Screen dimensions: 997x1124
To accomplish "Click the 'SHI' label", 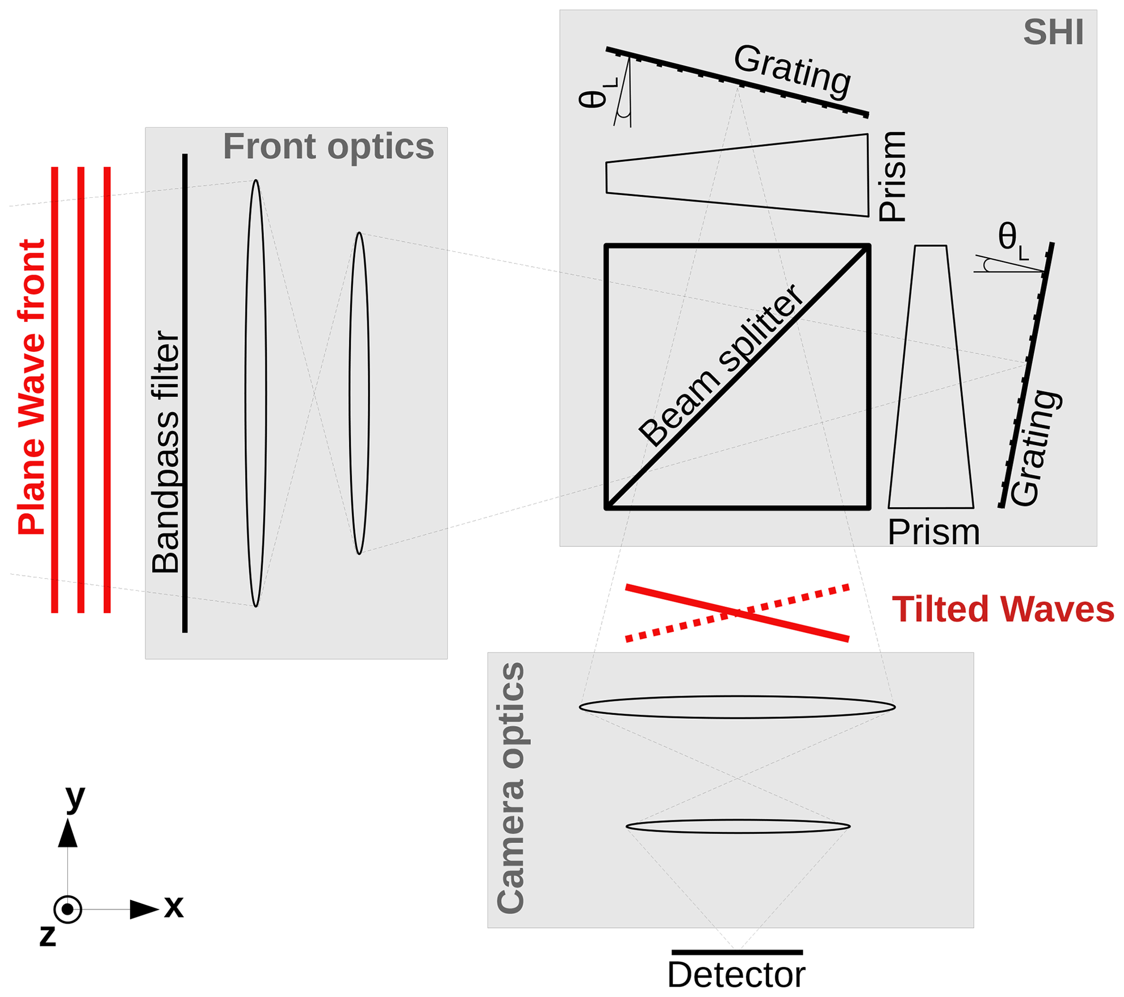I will (1053, 33).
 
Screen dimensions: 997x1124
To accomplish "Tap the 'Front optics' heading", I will (328, 147).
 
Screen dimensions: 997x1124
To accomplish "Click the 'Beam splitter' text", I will (721, 365).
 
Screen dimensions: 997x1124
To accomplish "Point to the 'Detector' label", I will (736, 975).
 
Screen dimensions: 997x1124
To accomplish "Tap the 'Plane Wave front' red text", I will (32, 387).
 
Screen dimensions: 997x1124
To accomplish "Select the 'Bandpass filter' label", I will (165, 452).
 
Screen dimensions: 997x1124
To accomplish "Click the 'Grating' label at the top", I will (792, 71).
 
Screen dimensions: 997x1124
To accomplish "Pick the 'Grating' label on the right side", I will (1036, 448).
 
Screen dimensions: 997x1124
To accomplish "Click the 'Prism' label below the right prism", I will (934, 533).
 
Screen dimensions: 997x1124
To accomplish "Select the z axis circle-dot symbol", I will (67, 909).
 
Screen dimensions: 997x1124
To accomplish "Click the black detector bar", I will (737, 952).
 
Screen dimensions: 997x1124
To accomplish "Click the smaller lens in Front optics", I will (359, 393).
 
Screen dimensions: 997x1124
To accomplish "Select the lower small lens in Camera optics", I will (738, 827).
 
